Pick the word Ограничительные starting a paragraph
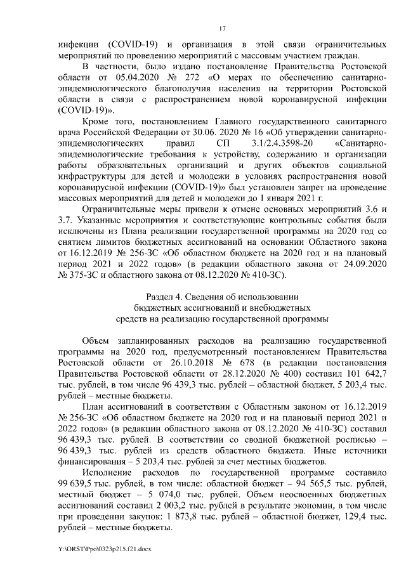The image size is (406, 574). [x=125, y=209]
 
